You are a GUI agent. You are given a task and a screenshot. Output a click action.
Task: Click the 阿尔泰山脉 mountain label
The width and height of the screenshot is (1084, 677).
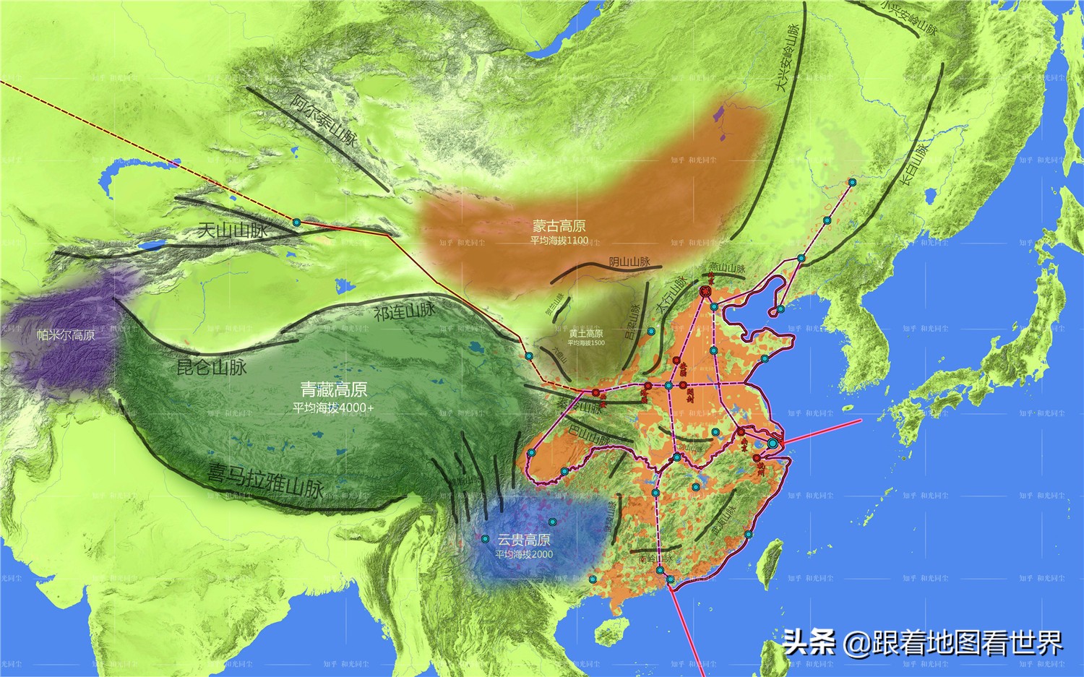coord(324,120)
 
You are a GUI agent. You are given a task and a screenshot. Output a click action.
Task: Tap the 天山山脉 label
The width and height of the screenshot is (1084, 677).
coord(233,230)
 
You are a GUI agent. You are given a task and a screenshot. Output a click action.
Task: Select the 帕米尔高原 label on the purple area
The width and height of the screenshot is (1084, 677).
coord(66,335)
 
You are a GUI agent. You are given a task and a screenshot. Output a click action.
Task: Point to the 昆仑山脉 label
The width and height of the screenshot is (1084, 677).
coord(212,367)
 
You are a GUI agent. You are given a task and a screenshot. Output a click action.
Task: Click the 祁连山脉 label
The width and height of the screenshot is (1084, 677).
coord(405,312)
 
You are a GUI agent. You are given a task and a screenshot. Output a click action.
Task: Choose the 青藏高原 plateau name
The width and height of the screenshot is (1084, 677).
coord(334,390)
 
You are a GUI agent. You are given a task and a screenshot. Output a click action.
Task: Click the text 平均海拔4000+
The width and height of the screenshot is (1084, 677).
coord(334,408)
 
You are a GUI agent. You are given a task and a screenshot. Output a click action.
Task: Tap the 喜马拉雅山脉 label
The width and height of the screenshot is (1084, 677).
coord(265,481)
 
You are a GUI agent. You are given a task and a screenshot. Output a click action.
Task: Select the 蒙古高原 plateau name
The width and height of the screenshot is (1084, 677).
coord(559,226)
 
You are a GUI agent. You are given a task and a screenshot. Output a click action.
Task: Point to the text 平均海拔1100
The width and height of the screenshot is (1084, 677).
coord(559,241)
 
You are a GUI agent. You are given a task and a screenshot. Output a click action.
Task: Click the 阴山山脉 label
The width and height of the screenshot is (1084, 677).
coord(629,262)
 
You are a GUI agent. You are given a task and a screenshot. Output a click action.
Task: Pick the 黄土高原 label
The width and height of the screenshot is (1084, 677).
coord(585,334)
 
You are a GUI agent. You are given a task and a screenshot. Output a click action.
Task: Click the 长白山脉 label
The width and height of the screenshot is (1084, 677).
coord(916,165)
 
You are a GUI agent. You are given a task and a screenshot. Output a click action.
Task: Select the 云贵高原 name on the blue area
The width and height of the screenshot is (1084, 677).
coord(524,540)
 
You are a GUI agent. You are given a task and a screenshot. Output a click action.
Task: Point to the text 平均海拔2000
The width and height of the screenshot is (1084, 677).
coord(524,554)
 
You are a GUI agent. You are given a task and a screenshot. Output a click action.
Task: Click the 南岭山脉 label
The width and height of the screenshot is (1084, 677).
coord(655,559)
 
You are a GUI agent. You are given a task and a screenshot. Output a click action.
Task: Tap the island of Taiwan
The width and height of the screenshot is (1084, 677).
coord(770,559)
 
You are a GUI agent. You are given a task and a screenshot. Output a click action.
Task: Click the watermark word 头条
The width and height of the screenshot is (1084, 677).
coord(809,642)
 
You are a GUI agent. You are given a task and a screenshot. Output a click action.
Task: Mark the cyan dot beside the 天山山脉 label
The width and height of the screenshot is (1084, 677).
coord(296,223)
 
